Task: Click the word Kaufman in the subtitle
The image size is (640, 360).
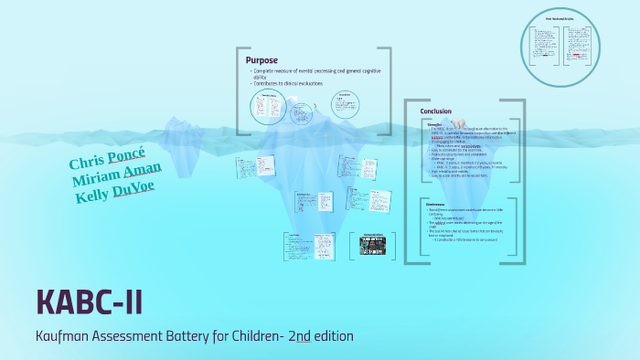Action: pyautogui.click(x=65, y=336)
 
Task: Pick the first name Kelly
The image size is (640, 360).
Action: pyautogui.click(x=94, y=195)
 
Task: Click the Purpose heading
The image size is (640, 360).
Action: pyautogui.click(x=261, y=60)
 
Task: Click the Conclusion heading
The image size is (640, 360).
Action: pyautogui.click(x=436, y=111)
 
